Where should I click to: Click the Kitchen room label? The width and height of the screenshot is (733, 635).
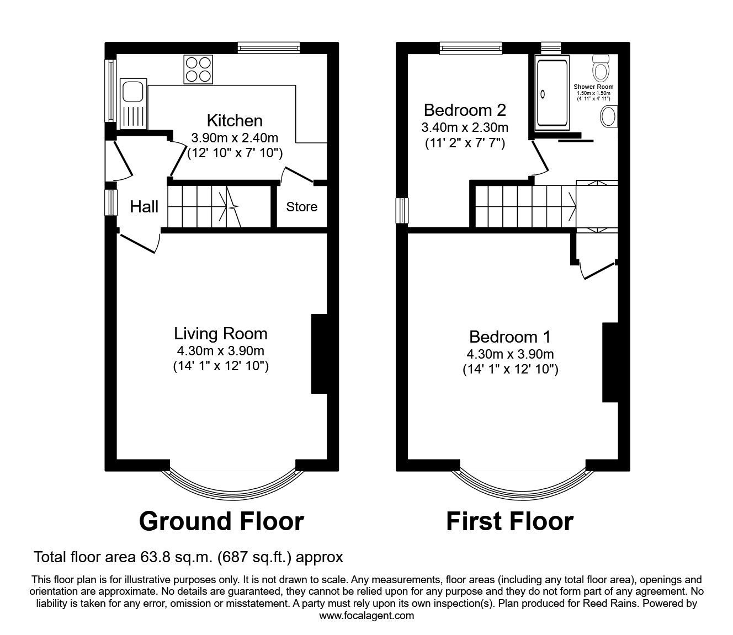click(x=235, y=120)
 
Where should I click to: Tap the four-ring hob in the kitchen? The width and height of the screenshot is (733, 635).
click(x=198, y=70)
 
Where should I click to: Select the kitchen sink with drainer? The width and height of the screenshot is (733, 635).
click(x=133, y=104)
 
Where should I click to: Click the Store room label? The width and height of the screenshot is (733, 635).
click(x=301, y=207)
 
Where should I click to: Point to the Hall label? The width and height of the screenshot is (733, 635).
click(x=144, y=207)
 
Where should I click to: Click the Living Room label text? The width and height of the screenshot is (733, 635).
click(x=221, y=334)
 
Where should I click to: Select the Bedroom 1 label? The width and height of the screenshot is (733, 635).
click(x=510, y=337)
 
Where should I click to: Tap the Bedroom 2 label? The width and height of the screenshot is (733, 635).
click(x=465, y=110)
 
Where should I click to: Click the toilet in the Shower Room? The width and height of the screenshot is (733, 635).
click(x=600, y=68)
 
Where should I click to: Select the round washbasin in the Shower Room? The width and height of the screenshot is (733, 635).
click(x=608, y=116)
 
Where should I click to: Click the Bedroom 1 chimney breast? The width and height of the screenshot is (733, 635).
click(x=609, y=362)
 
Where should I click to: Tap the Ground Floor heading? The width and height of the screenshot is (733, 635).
click(x=221, y=521)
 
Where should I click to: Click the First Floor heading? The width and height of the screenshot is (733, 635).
click(x=509, y=521)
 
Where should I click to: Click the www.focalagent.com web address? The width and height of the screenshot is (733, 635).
click(x=366, y=616)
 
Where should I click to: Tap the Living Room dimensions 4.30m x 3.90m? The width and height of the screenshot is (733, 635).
click(x=221, y=351)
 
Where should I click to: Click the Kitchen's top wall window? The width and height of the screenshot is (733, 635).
click(x=269, y=48)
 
